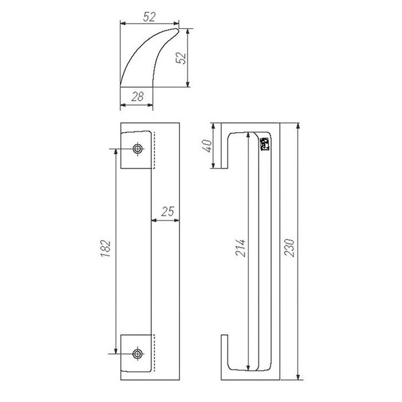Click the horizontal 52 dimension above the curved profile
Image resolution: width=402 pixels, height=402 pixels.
pyautogui.click(x=149, y=17)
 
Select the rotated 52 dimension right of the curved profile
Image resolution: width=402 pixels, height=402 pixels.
pyautogui.click(x=183, y=58)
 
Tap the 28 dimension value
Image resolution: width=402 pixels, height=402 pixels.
pyautogui.click(x=137, y=97)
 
